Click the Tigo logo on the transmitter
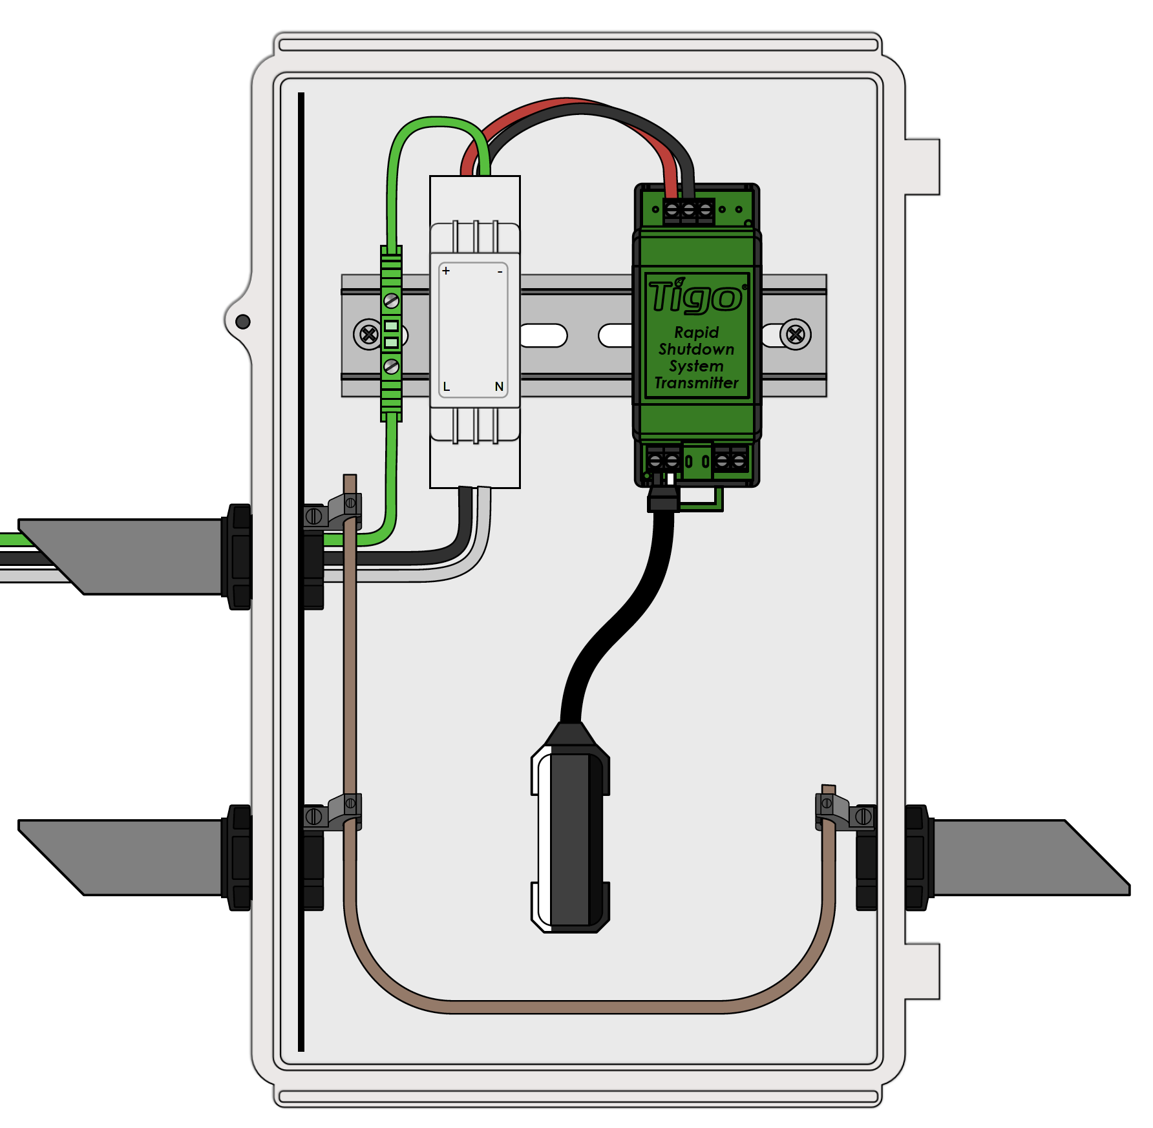click(696, 297)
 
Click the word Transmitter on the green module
click(696, 383)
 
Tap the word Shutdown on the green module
click(696, 350)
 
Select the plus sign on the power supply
click(446, 271)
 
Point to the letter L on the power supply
click(446, 387)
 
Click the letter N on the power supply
click(499, 387)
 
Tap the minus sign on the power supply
click(500, 272)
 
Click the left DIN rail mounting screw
click(368, 335)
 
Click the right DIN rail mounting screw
click(796, 335)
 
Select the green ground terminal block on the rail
click(391, 333)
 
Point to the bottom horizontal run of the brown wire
click(582, 1007)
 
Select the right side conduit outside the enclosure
click(1028, 857)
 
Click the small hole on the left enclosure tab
click(243, 321)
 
